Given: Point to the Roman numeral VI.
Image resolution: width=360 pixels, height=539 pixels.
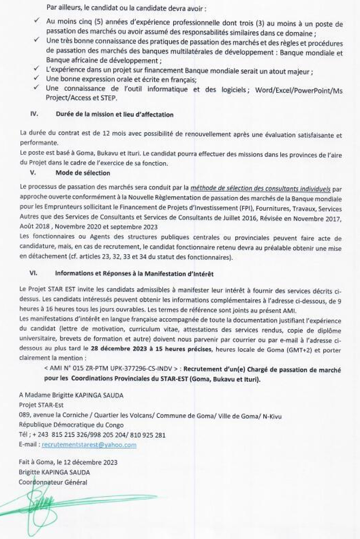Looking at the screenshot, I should pos(35,273).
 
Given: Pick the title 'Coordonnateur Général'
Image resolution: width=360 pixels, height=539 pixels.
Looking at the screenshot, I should pos(53,482).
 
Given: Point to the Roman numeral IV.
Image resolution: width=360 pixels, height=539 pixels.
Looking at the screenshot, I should pos(35,115).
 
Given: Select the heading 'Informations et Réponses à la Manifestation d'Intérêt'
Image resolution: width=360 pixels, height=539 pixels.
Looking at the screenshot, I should pos(134,273).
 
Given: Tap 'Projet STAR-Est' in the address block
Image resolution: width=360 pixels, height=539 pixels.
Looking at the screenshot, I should pos(41,405).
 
